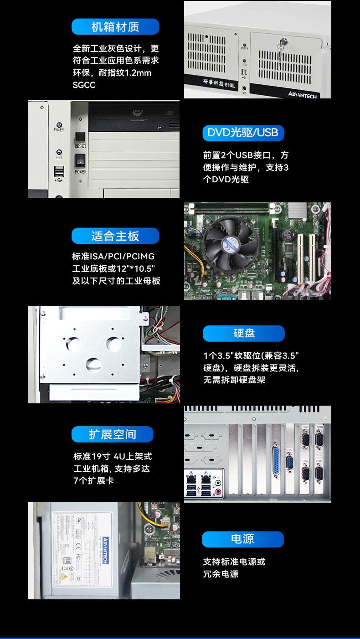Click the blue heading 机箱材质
coord(115,27)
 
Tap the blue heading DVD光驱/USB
coord(243,133)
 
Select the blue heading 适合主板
coord(115,236)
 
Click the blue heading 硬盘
coord(244,333)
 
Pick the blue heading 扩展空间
coord(113,434)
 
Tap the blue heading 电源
coord(242,539)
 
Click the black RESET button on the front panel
coord(80,136)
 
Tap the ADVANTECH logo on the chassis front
coord(302,94)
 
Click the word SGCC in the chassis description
coord(84,85)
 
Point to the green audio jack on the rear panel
coord(218,482)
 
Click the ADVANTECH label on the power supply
coord(104,550)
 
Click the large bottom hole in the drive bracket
coord(93,363)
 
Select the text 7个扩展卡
coord(93,480)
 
